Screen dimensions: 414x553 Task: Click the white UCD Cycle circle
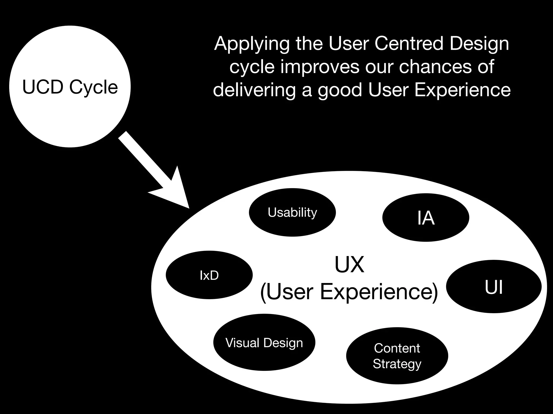point(70,86)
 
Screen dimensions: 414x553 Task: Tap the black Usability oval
point(292,212)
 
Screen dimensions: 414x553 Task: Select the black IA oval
point(426,218)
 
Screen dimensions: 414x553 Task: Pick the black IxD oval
point(209,275)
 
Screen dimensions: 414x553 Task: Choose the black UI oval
point(494,287)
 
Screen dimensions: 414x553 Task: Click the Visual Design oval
point(264,343)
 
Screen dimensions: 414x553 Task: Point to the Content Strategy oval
point(397,356)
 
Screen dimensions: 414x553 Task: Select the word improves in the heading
point(320,67)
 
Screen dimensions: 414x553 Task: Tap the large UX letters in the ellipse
point(349,264)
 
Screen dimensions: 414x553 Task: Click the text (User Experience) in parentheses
point(349,292)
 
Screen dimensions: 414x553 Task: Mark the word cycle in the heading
point(252,67)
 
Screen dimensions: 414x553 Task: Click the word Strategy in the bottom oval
point(397,364)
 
